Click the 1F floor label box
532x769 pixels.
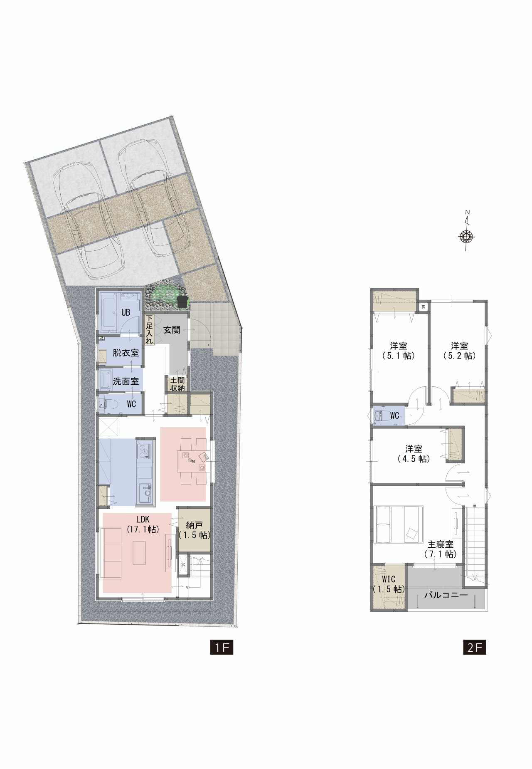[222, 648]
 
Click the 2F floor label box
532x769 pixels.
[475, 648]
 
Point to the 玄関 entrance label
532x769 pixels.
[171, 330]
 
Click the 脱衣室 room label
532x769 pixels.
[126, 353]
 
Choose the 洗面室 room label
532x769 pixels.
[126, 381]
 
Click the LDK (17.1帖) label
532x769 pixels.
[143, 524]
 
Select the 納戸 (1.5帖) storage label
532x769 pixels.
[194, 530]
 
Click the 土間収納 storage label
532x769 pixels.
[177, 384]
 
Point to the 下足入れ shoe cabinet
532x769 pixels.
[149, 329]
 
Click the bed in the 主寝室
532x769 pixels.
[399, 524]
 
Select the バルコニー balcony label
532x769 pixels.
[446, 595]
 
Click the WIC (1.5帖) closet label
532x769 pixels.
[388, 584]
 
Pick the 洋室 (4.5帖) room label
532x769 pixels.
[414, 454]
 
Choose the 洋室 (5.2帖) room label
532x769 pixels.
[459, 351]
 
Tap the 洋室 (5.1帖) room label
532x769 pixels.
[399, 351]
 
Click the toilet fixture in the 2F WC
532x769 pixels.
[379, 416]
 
